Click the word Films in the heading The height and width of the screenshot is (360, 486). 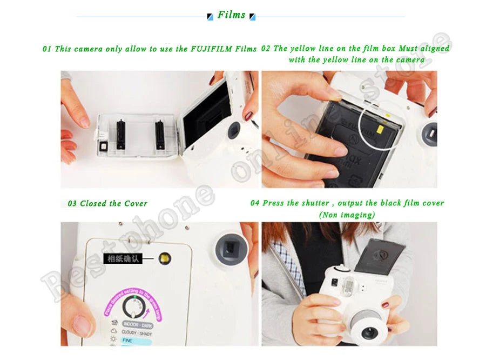pos(231,15)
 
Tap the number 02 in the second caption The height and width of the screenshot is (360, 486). pos(266,48)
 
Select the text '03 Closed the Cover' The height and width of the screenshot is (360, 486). pos(107,204)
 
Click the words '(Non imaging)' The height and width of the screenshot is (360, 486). pos(347,215)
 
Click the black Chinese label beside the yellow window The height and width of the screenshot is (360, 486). pos(123,259)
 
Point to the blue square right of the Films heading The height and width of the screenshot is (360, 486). pos(252,17)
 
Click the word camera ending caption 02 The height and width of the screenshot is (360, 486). pos(410,60)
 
